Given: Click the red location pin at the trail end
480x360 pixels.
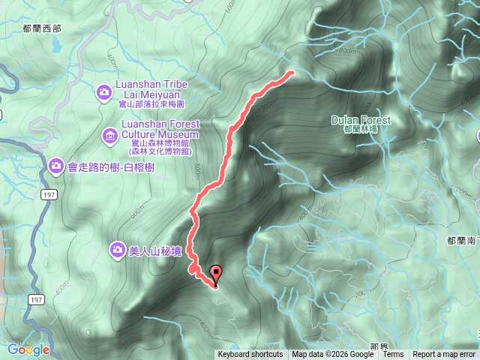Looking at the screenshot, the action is (x=217, y=274).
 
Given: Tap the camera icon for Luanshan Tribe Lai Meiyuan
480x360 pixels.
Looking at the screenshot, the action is (x=104, y=92).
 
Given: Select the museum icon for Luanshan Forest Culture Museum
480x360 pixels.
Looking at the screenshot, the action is (x=109, y=135).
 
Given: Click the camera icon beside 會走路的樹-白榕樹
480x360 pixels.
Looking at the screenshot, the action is (x=55, y=165).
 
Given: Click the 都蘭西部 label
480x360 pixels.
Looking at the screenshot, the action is (x=42, y=28).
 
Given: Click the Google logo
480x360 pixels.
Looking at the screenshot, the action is (x=28, y=349).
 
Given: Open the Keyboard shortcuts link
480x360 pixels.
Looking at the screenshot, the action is (x=250, y=355).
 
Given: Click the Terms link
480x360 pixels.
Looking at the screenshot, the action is (x=393, y=355).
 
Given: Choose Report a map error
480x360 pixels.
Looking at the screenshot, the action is (x=444, y=355).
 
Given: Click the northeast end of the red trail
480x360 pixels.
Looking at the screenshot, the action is (x=291, y=73).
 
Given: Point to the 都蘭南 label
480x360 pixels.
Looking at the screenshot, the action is (x=461, y=241).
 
